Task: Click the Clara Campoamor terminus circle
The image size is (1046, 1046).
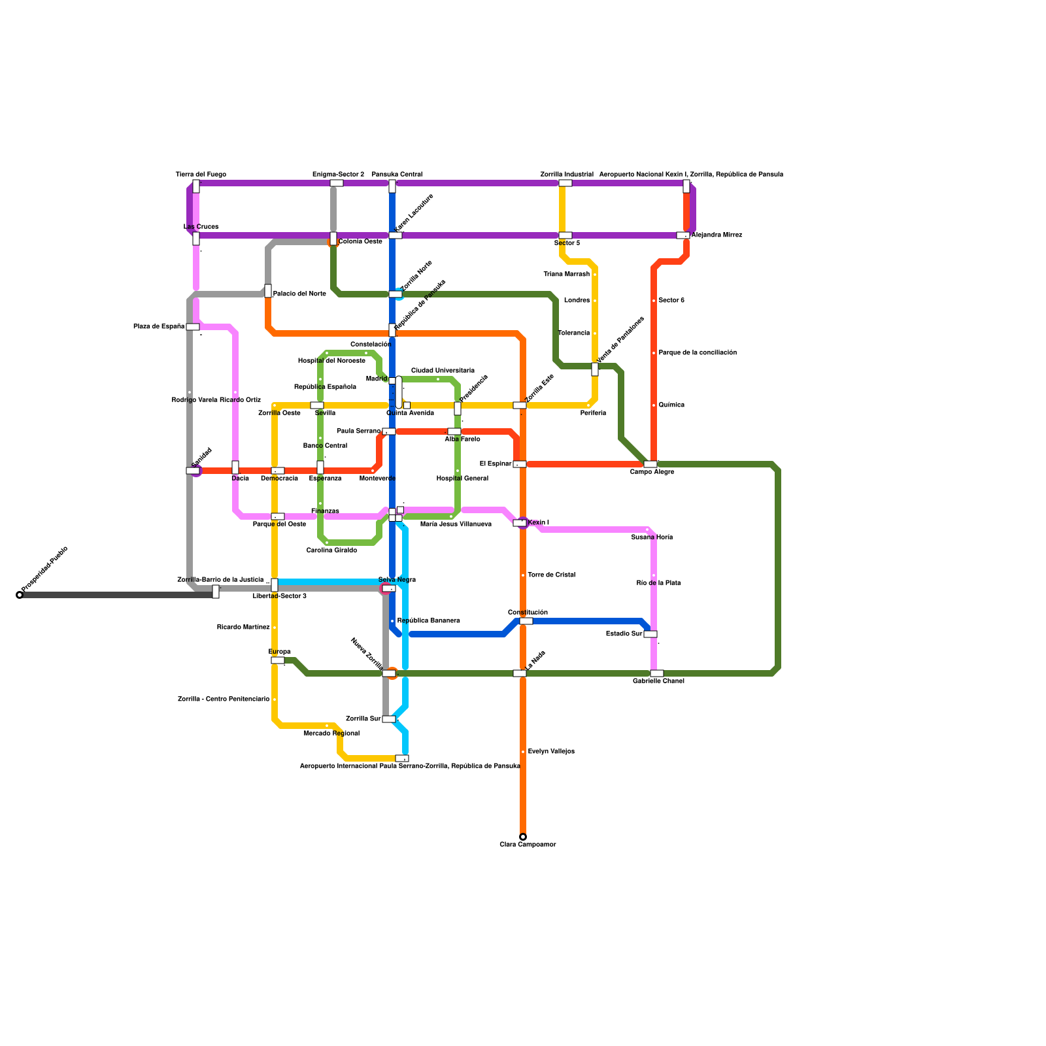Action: (x=523, y=837)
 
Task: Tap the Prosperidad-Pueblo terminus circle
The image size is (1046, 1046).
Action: (x=20, y=595)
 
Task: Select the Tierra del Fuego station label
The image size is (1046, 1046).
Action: (x=201, y=175)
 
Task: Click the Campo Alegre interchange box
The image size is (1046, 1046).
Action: (x=650, y=464)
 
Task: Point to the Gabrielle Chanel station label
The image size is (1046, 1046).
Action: (x=658, y=681)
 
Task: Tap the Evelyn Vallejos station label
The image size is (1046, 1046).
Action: (x=551, y=752)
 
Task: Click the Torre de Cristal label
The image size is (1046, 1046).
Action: (x=551, y=575)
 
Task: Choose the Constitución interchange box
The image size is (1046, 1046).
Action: (x=526, y=621)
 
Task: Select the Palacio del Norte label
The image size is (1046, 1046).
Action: (x=299, y=294)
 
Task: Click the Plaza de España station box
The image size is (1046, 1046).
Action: (x=193, y=327)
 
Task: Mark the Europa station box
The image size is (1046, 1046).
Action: (x=278, y=660)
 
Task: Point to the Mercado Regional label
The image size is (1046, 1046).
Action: (x=331, y=734)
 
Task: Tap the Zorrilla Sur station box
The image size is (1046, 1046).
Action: (x=389, y=719)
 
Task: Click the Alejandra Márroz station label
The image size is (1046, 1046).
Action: (x=717, y=235)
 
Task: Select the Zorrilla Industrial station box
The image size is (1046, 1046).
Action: (x=565, y=183)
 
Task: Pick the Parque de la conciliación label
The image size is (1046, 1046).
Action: (x=698, y=353)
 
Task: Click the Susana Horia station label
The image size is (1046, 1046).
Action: (x=652, y=537)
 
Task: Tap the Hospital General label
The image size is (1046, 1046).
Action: (x=462, y=479)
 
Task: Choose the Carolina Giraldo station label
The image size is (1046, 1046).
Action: (x=331, y=550)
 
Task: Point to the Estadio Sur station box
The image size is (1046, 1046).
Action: (x=650, y=634)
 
